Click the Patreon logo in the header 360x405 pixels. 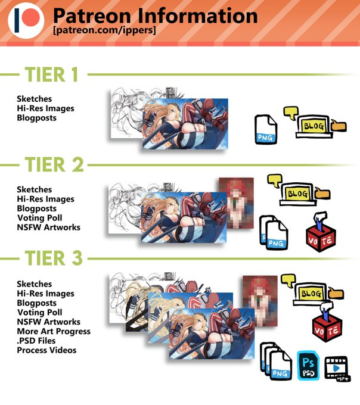(x=26, y=21)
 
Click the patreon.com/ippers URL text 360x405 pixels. (x=104, y=30)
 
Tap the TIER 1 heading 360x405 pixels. (x=51, y=74)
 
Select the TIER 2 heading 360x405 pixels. (x=54, y=164)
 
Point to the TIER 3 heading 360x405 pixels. (x=54, y=258)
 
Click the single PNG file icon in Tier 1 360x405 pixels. (x=266, y=129)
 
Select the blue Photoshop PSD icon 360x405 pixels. (x=308, y=366)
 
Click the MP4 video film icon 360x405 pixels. (x=337, y=368)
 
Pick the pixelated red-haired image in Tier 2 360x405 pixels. (x=236, y=203)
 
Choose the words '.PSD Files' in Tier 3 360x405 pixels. (x=36, y=341)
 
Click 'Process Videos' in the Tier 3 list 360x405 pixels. (x=46, y=350)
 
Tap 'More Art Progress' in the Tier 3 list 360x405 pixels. (x=54, y=331)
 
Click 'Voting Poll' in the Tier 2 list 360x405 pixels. (x=39, y=218)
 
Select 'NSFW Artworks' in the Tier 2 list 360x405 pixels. (x=49, y=228)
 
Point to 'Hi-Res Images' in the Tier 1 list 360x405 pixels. (x=45, y=108)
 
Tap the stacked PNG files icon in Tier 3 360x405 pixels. (x=276, y=362)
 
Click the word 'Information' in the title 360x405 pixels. (x=197, y=15)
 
